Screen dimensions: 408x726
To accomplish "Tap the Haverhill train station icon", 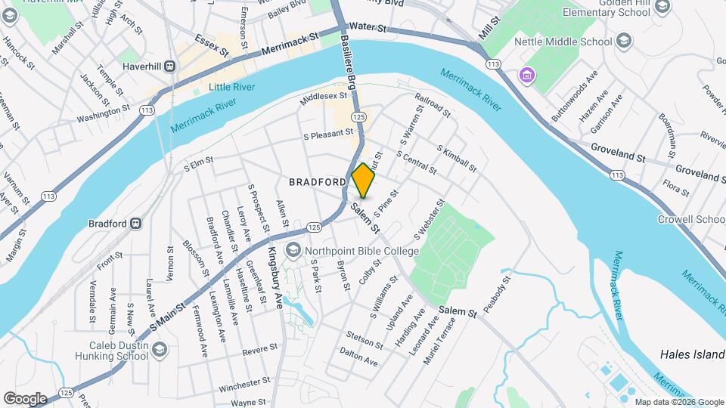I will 171,66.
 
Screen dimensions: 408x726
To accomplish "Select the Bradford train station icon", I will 136,224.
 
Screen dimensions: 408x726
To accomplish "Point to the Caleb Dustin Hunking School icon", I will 160,349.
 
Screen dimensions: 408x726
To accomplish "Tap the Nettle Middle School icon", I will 624,40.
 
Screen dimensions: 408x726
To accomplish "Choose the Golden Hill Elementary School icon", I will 662,8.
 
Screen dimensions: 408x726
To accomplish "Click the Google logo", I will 25,398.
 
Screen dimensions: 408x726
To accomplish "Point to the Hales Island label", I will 692,354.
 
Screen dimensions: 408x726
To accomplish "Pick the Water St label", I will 368,28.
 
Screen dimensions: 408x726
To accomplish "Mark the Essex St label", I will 211,45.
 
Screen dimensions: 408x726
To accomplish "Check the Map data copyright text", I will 679,402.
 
